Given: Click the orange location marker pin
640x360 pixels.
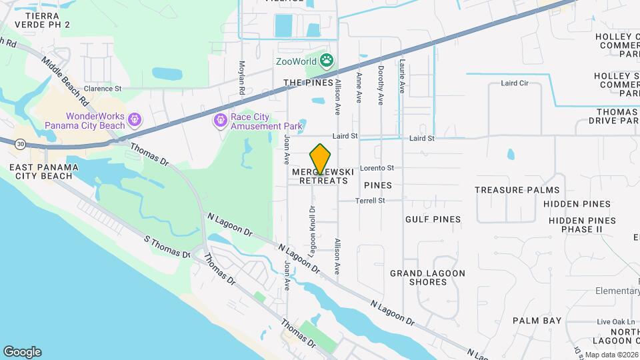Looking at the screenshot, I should (321, 158).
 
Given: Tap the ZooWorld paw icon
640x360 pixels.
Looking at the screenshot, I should (326, 62).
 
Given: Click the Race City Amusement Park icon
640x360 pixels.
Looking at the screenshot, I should (220, 120).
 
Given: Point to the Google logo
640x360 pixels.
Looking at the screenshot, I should (22, 351).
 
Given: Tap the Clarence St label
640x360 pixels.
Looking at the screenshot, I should (103, 88).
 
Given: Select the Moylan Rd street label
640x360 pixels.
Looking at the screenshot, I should (242, 77).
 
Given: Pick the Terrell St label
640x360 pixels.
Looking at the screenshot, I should (370, 200).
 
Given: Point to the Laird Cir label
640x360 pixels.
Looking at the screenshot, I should (514, 84).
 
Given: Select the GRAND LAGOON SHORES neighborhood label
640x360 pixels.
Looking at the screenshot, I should (427, 277).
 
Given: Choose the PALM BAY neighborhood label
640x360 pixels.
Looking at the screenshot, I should (537, 321).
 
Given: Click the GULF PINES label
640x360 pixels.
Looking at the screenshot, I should (433, 219).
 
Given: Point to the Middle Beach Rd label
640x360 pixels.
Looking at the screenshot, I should (65, 81).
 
